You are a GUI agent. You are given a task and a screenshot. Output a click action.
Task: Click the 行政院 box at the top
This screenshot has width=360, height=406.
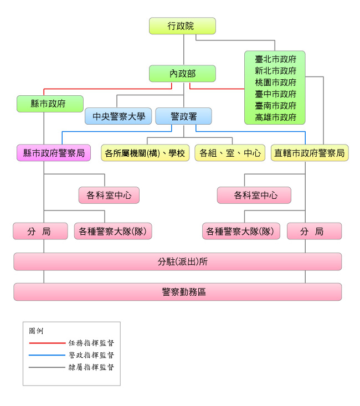click(182, 26)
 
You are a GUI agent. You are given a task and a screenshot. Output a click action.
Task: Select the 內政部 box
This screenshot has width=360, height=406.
click(182, 73)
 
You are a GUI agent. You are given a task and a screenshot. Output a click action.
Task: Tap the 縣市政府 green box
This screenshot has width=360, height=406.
click(50, 104)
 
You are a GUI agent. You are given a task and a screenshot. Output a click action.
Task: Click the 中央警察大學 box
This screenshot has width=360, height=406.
click(118, 116)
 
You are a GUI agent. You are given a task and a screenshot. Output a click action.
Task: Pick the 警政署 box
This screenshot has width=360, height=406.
click(183, 116)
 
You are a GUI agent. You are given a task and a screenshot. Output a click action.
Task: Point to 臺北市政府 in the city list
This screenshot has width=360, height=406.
click(275, 59)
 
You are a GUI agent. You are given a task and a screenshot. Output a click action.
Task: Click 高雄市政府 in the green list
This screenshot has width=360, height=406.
click(275, 117)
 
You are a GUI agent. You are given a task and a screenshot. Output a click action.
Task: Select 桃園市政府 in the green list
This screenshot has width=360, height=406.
click(275, 82)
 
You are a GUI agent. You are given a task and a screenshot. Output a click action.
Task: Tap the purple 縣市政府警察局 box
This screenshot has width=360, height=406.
click(54, 153)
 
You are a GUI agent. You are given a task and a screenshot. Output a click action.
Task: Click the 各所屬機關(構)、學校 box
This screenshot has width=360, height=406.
click(145, 153)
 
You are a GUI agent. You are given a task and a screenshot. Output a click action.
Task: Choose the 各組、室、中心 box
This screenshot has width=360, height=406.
click(230, 153)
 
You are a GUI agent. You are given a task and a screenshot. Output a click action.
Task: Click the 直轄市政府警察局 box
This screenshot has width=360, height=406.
click(310, 153)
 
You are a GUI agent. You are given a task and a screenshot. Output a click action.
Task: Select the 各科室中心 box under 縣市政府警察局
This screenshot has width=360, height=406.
click(109, 195)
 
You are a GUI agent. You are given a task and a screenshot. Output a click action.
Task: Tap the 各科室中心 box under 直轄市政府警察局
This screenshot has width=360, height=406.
click(254, 195)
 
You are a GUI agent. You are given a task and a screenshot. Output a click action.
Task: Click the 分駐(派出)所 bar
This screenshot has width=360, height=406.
click(177, 261)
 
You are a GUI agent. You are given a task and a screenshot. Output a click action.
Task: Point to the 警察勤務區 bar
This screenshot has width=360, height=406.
click(177, 292)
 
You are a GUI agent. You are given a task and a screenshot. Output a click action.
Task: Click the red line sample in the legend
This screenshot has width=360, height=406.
click(47, 343)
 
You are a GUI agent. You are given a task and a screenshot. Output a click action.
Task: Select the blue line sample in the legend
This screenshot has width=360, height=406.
click(47, 355)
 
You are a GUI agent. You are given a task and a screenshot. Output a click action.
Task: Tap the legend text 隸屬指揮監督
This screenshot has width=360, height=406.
click(91, 367)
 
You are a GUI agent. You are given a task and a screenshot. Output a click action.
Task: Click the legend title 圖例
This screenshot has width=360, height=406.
click(35, 331)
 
